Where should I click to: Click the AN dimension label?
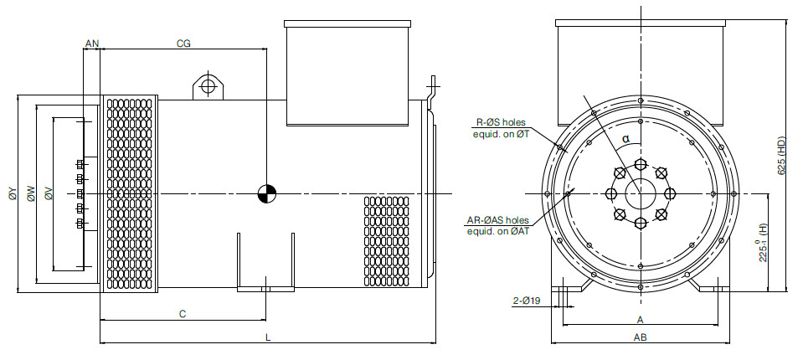91,44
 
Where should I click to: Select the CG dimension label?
183,44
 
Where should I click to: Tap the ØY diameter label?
13,193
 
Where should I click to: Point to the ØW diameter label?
31,193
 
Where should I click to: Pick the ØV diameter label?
48,193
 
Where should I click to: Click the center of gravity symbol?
267,193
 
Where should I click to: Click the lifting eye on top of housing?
208,86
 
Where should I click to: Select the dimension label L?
268,337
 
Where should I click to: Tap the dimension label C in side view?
183,314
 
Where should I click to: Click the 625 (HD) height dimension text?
781,156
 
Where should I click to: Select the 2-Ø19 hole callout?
527,301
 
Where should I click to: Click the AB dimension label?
641,337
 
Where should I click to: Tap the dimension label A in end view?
640,320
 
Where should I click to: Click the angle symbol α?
625,138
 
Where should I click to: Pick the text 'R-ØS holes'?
500,122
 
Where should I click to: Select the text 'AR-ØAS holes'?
497,220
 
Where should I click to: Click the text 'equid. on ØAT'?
497,231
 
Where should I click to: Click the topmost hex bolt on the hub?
641,164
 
